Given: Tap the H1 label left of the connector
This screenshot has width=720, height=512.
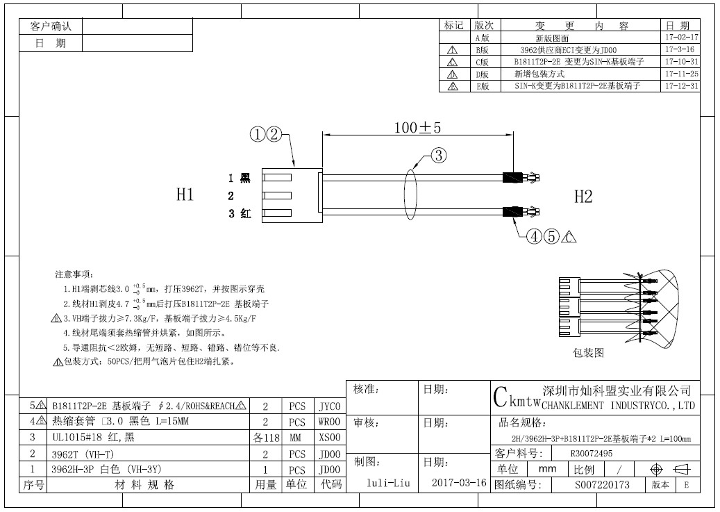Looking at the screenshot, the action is [185, 195].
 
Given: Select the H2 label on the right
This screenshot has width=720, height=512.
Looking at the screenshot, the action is [583, 197].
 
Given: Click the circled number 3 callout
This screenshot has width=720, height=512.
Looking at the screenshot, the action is [439, 156].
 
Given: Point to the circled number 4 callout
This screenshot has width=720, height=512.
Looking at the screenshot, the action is [534, 236].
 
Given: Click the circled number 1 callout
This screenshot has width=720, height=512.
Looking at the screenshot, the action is [258, 135].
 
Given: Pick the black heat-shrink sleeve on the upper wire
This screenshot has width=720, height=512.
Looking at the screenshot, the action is [512, 177].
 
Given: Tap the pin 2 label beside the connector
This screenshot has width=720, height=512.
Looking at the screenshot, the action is [231, 196].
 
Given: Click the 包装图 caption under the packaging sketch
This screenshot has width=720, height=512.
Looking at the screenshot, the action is [588, 352].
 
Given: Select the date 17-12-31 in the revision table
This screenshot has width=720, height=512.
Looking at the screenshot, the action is [681, 86].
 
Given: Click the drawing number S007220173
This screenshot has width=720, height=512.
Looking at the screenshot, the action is [602, 485].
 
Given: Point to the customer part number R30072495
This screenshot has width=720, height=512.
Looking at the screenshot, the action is [592, 454].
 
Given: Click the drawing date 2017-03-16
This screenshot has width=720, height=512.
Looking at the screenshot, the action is [459, 483].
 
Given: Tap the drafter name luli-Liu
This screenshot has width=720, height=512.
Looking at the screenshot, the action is [388, 483].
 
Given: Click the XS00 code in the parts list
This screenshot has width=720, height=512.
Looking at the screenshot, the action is [330, 438].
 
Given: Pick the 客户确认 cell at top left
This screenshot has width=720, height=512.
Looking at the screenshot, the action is [51, 26].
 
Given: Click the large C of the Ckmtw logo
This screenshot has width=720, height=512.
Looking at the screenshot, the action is [501, 397].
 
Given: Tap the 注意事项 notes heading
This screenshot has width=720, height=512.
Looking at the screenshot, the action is [74, 274].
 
